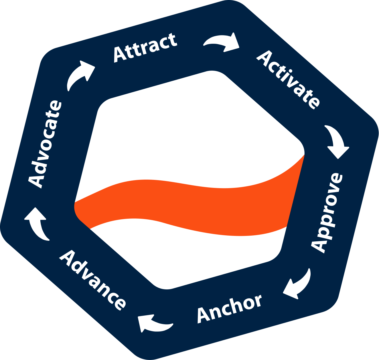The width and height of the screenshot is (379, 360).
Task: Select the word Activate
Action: (288, 80)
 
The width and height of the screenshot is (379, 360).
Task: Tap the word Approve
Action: (327, 213)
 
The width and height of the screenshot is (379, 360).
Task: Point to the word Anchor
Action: (229, 308)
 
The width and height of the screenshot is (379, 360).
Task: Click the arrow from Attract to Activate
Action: (222, 42)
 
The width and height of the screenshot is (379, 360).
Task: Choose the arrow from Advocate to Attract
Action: (80, 75)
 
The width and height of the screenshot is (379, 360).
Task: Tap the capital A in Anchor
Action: (204, 315)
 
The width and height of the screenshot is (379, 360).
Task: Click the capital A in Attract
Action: (120, 54)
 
